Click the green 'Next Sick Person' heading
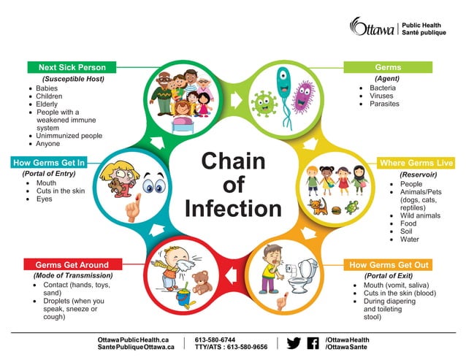coord(72,67)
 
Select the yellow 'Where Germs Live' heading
coord(416,163)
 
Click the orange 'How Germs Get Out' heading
coord(389,264)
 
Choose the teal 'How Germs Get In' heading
coord(49,163)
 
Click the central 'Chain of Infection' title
coord(233,184)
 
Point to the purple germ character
coord(302,98)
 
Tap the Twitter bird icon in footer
coord(294,343)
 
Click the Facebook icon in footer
coord(313,343)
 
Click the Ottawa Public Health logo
coord(398,28)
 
